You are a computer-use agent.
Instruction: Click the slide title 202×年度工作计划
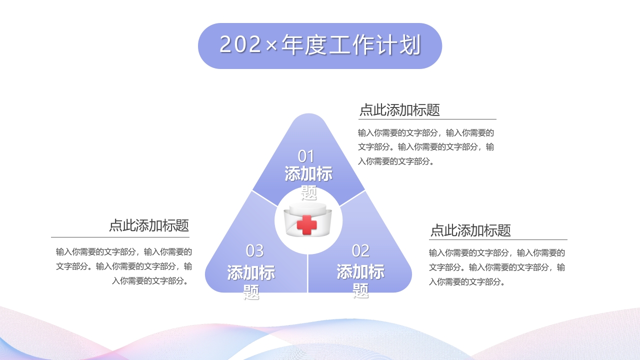tap(320, 45)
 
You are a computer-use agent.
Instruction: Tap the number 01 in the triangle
tap(306, 156)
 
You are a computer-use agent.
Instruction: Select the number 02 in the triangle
tap(360, 250)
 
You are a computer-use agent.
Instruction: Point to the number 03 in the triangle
tap(254, 250)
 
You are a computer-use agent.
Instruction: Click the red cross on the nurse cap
tap(307, 225)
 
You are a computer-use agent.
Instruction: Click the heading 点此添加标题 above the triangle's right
tap(399, 110)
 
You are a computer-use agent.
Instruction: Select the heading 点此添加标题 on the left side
tap(149, 225)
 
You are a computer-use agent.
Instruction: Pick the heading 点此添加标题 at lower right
tap(470, 230)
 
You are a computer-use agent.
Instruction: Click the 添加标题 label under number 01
tap(308, 182)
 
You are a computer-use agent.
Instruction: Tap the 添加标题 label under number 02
tap(360, 280)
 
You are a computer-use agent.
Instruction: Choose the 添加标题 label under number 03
tap(251, 281)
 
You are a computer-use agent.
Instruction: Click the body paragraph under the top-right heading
tap(426, 147)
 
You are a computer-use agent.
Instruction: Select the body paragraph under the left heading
tap(124, 266)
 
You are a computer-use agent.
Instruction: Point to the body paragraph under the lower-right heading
tap(497, 267)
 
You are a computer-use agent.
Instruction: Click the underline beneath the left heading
tap(120, 237)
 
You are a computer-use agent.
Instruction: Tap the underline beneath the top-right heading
tap(427, 119)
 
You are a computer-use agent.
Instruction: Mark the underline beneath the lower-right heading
tap(498, 239)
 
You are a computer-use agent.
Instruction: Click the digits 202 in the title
tap(240, 45)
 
